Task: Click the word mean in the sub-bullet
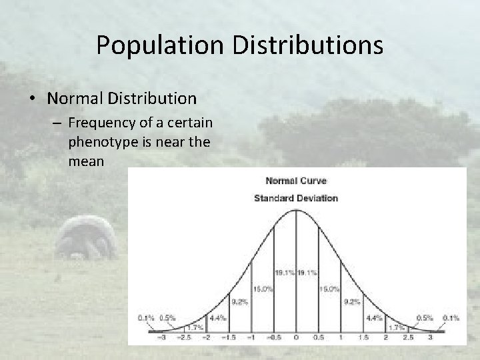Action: click(x=85, y=161)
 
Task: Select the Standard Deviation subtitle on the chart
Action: click(x=296, y=197)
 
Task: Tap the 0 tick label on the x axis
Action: click(x=297, y=338)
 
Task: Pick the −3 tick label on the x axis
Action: click(x=158, y=338)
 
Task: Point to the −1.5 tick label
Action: click(x=228, y=338)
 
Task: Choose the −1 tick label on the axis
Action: click(x=251, y=338)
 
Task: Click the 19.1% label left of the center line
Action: click(x=285, y=273)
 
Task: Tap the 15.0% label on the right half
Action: click(x=329, y=289)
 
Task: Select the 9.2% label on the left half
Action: click(x=240, y=301)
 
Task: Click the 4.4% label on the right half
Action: click(x=374, y=317)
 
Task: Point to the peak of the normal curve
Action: click(x=297, y=211)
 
